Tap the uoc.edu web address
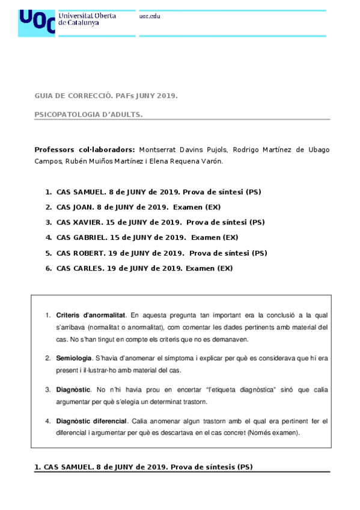[x=150, y=16]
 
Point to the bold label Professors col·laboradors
[x=85, y=149]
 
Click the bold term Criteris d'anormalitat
[x=91, y=315]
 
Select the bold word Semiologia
[x=74, y=358]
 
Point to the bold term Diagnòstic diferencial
[x=91, y=421]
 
